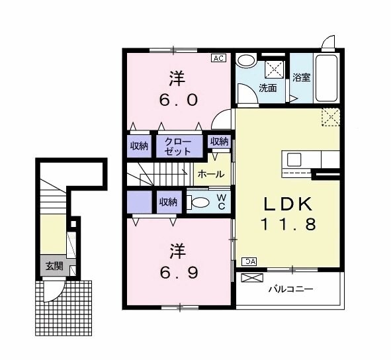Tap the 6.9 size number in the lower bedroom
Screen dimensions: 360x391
point(176,273)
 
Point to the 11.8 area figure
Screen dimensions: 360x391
point(286,224)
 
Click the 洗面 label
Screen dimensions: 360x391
point(268,87)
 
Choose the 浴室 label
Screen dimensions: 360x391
point(302,77)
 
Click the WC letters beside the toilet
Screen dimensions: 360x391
point(222,201)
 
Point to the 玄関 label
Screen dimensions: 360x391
point(53,267)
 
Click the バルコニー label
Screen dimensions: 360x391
point(290,289)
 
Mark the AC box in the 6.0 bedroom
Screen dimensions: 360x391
point(218,58)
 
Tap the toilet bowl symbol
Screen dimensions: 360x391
point(200,202)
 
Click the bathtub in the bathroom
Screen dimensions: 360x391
point(327,76)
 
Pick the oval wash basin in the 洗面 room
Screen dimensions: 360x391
point(245,62)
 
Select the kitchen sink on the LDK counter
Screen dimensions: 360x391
point(294,159)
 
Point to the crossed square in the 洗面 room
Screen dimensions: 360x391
point(274,68)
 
